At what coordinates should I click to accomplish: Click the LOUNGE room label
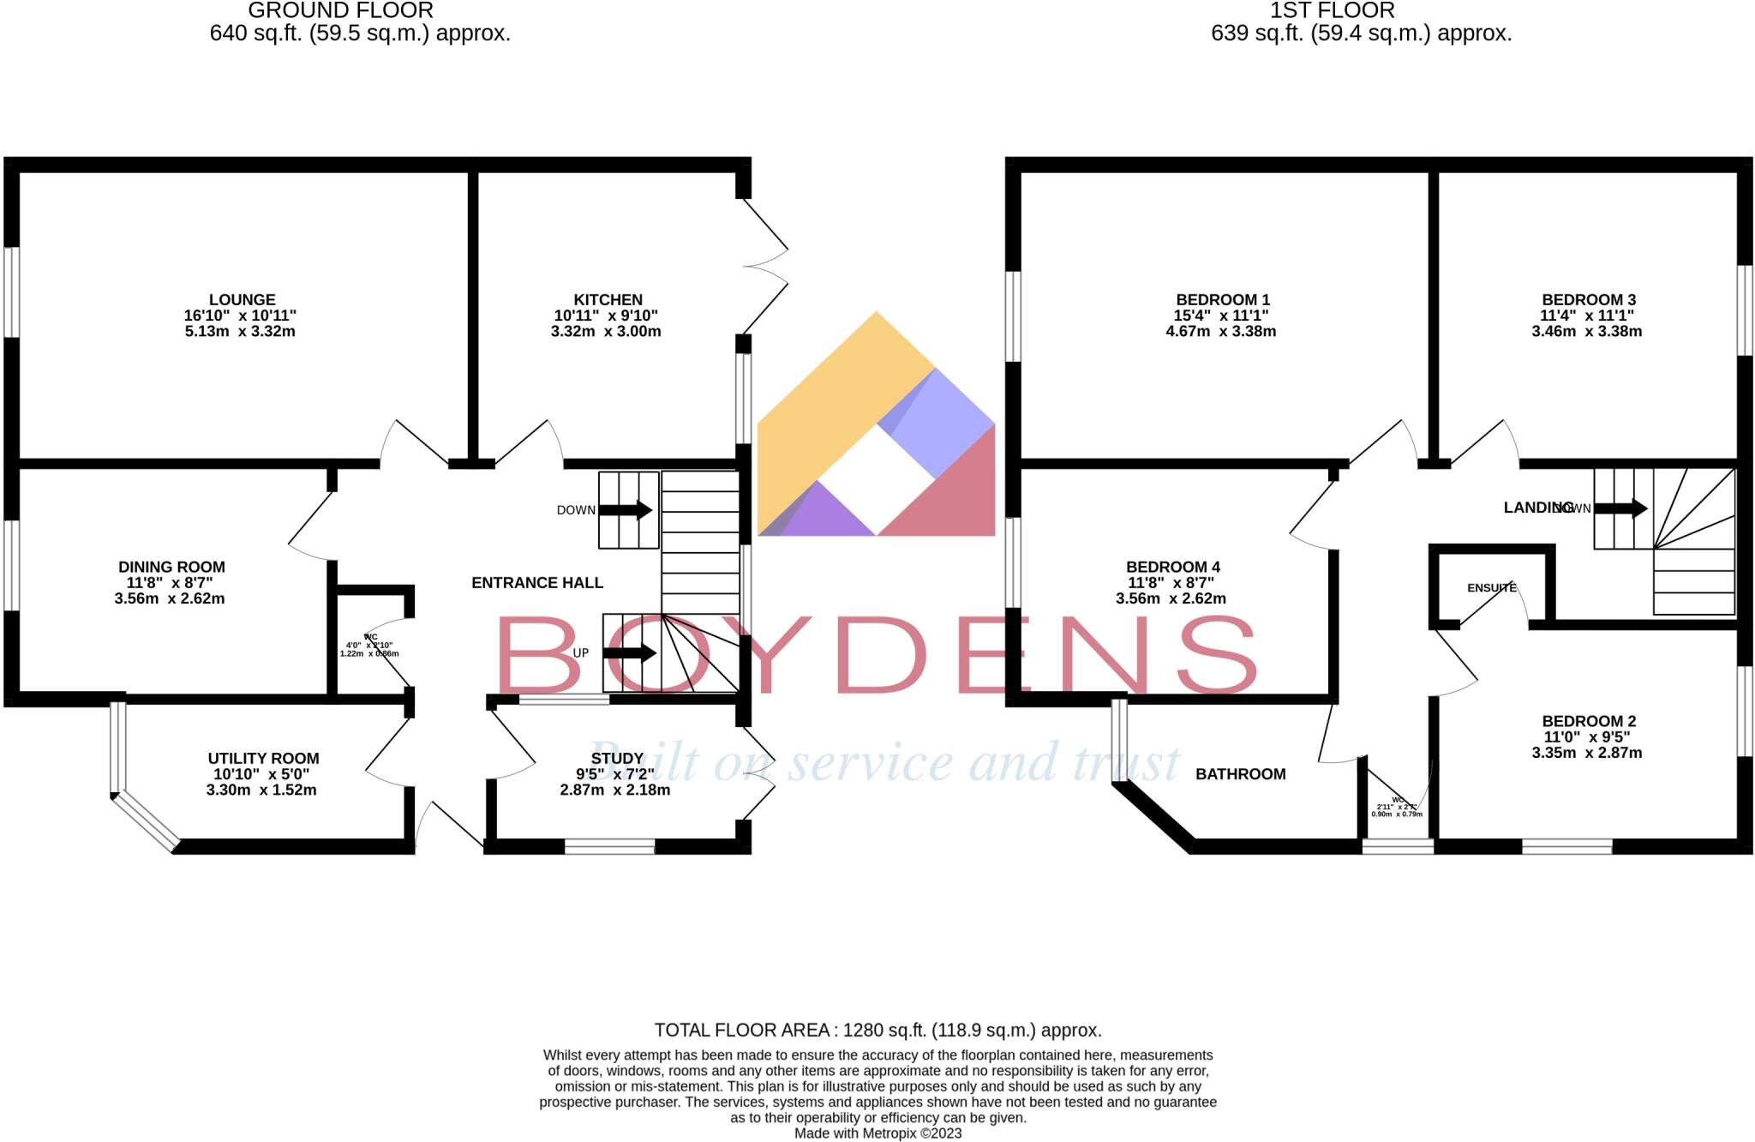[242, 299]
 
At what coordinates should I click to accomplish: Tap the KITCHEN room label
[608, 299]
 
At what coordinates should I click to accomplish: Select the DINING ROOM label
[171, 567]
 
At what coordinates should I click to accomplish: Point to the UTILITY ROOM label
[263, 758]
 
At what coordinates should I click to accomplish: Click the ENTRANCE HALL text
[537, 583]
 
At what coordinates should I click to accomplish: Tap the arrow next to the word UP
[630, 653]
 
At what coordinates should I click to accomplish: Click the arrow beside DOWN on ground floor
[626, 510]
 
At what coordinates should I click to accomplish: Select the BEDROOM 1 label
[1222, 299]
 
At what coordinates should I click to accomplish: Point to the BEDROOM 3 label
[1588, 299]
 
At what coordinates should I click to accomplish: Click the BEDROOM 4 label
[1172, 567]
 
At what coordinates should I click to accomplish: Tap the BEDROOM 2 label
[1588, 721]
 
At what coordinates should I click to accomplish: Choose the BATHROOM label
[1240, 774]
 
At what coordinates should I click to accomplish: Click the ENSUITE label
[1491, 588]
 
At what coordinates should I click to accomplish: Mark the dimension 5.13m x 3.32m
[240, 332]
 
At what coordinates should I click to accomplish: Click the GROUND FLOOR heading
[340, 11]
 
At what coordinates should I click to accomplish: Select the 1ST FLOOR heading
[1332, 11]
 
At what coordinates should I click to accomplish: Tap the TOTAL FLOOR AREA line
[877, 1030]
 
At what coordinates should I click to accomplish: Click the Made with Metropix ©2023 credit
[877, 1133]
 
